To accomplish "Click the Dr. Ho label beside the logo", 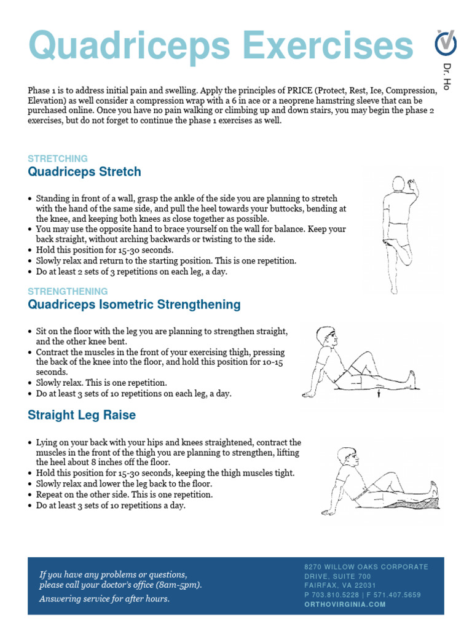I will pyautogui.click(x=447, y=76).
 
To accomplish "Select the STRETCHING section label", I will pyautogui.click(x=58, y=158).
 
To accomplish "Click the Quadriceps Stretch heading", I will pyautogui.click(x=84, y=172).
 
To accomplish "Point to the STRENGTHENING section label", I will pyautogui.click(x=68, y=291).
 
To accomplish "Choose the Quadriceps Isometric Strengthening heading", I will pyautogui.click(x=134, y=305).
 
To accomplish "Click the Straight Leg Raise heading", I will pyautogui.click(x=82, y=415).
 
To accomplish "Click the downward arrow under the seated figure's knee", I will pyautogui.click(x=380, y=393).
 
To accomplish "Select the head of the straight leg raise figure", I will pyautogui.click(x=346, y=458).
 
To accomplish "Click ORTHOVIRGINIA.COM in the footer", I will pyautogui.click(x=345, y=604).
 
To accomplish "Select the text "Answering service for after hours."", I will pyautogui.click(x=104, y=599).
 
